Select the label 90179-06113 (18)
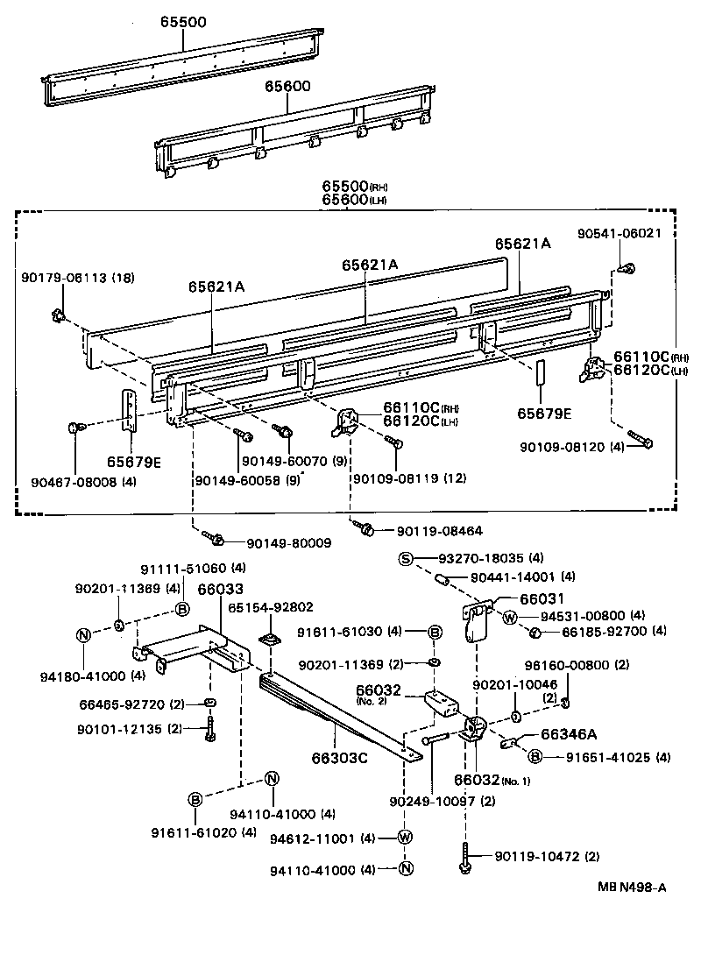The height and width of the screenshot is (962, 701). pyautogui.click(x=78, y=278)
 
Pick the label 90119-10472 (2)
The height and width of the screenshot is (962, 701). pyautogui.click(x=547, y=855)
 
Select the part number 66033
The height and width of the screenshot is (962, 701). pyautogui.click(x=220, y=590)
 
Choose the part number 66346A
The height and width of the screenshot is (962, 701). pyautogui.click(x=569, y=734)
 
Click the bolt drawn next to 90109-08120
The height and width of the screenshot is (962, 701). pyautogui.click(x=639, y=440)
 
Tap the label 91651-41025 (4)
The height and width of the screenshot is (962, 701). pyautogui.click(x=605, y=757)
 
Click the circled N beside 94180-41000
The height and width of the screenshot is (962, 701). pyautogui.click(x=82, y=635)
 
